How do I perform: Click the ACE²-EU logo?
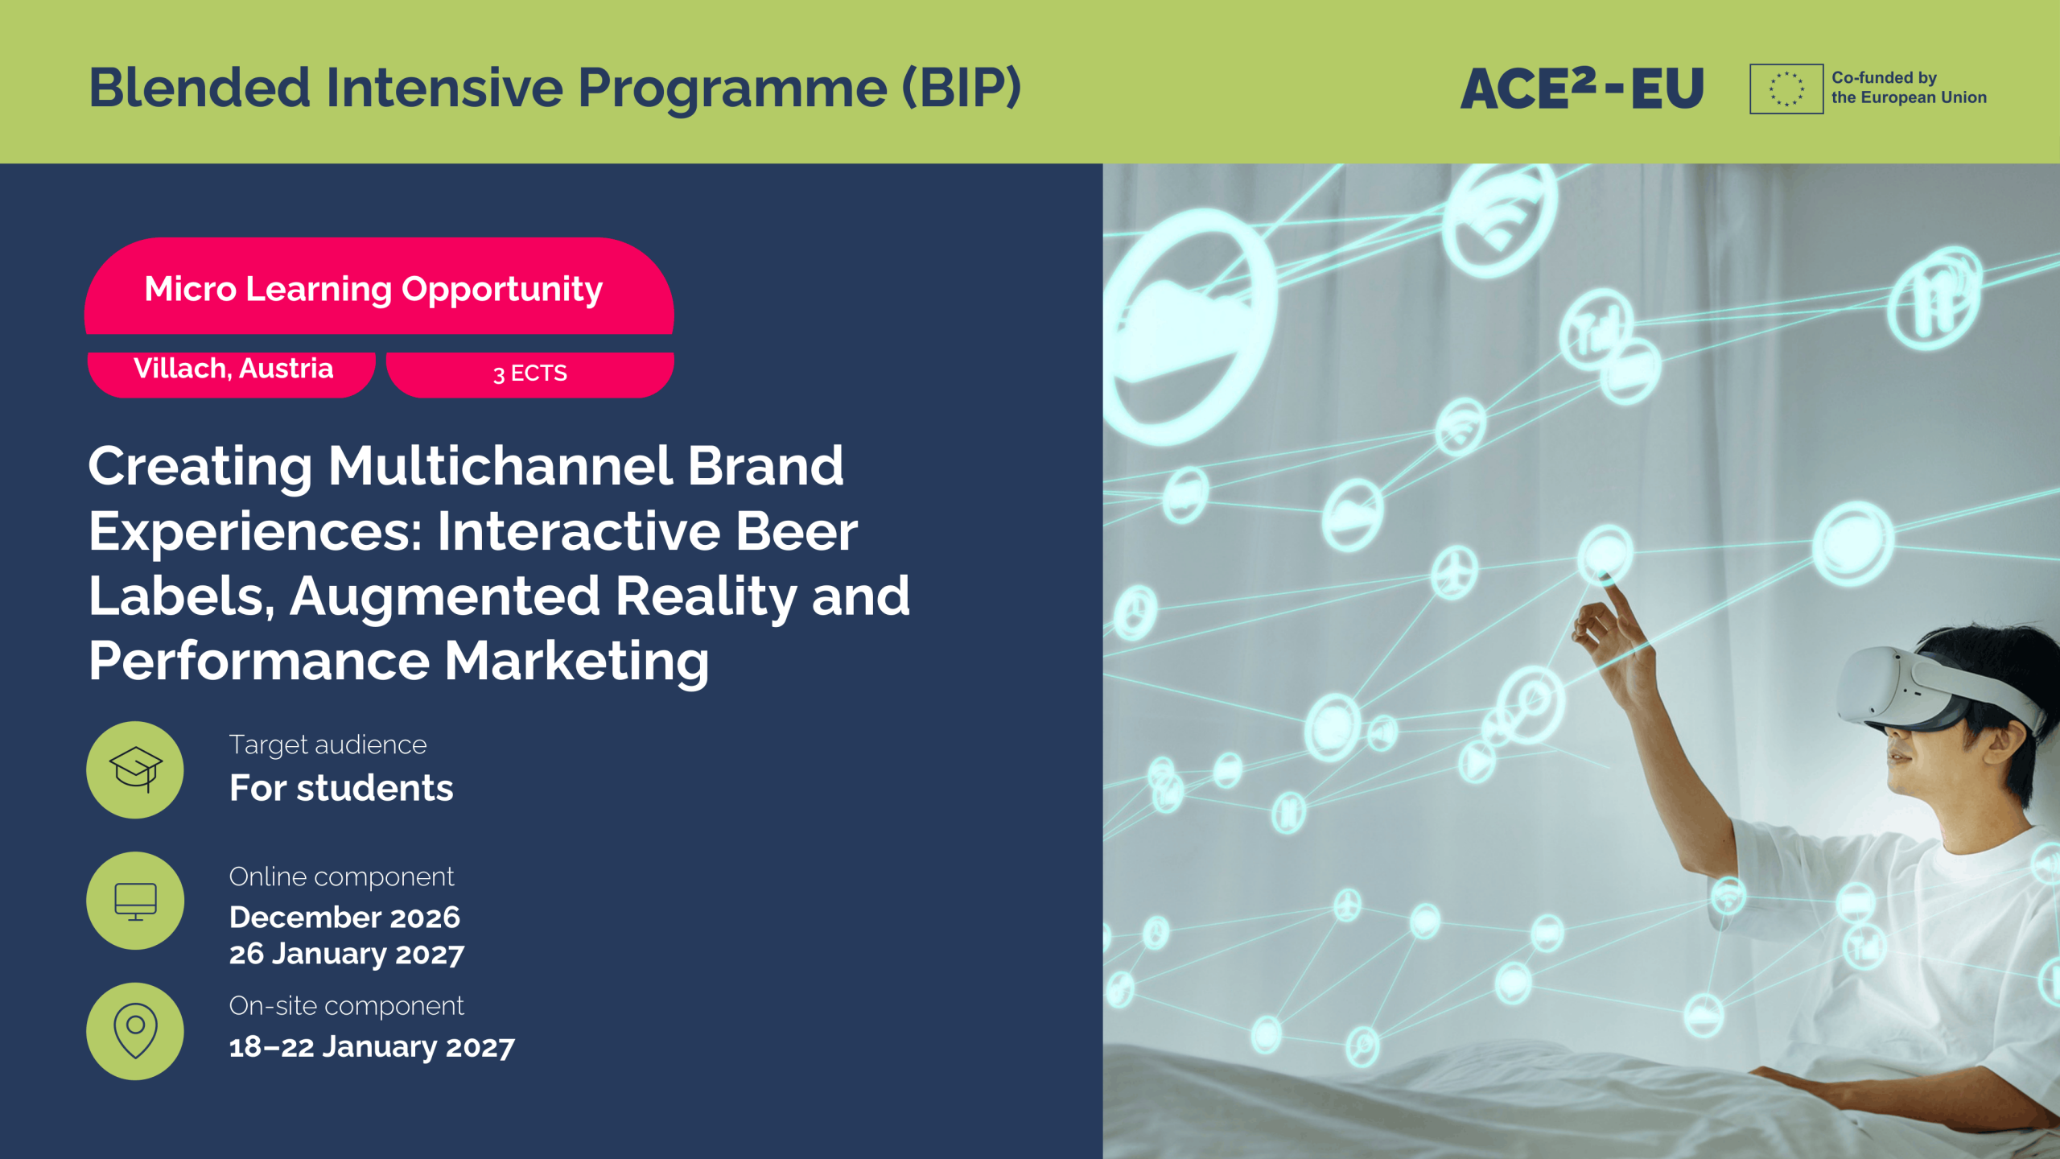[1582, 88]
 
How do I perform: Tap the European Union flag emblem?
[1786, 89]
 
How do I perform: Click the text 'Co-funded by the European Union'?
[1909, 88]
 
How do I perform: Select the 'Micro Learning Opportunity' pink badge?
[379, 286]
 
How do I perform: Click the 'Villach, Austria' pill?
[232, 373]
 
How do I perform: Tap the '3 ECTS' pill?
[530, 373]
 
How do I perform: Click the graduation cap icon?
[135, 769]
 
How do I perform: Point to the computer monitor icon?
[135, 901]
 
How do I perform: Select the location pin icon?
[135, 1031]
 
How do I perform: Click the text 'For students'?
[341, 787]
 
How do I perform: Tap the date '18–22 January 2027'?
[372, 1046]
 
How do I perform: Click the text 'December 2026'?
[344, 917]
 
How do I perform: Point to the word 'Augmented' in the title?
[445, 596]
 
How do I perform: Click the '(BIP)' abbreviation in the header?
[962, 88]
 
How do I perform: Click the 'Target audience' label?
[328, 744]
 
